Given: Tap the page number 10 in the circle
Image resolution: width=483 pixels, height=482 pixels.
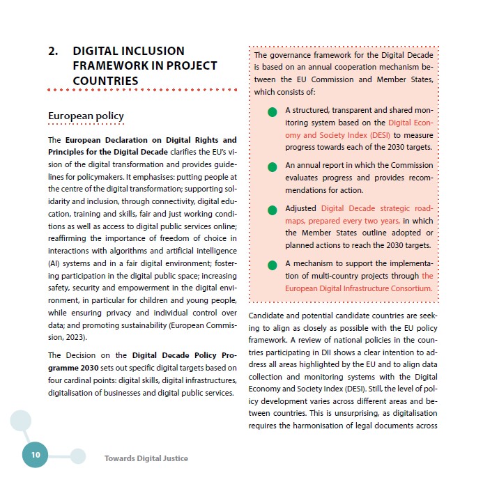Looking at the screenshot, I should pyautogui.click(x=35, y=455).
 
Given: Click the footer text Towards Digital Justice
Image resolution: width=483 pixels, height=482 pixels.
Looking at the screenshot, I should pyautogui.click(x=146, y=458).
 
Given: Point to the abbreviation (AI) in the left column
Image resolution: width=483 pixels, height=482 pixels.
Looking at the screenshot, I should pyautogui.click(x=54, y=263).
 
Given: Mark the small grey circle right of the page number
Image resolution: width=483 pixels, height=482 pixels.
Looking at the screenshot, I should pyautogui.click(x=78, y=456).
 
